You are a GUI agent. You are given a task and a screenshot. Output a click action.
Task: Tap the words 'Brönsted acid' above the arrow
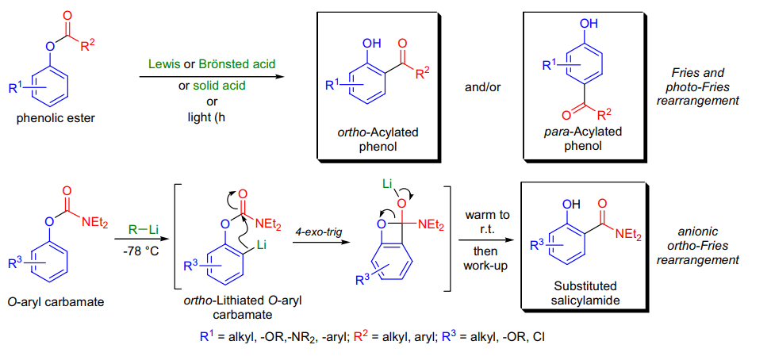[237, 63]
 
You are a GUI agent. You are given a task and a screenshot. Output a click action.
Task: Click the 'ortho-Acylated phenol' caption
[374, 140]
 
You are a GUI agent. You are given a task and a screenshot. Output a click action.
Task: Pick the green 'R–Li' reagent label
[140, 230]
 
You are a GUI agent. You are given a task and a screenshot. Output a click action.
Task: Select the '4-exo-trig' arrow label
[315, 230]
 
